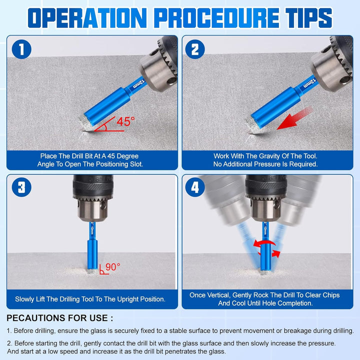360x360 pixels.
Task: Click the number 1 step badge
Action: pyautogui.click(x=21, y=49)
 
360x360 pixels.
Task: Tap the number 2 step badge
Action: pyautogui.click(x=195, y=49)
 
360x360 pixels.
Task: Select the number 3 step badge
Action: pyautogui.click(x=21, y=187)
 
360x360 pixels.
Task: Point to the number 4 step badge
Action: pyautogui.click(x=195, y=187)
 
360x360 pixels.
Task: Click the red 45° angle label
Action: pyautogui.click(x=125, y=121)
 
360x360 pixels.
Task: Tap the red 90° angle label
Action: pyautogui.click(x=112, y=267)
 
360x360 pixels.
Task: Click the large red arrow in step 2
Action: pyautogui.click(x=294, y=118)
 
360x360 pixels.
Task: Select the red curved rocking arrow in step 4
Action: pyautogui.click(x=266, y=248)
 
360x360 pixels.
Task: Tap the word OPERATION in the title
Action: pyautogui.click(x=87, y=18)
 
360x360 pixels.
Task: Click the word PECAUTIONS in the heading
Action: pyautogui.click(x=38, y=318)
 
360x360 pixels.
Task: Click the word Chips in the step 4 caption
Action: pyautogui.click(x=331, y=295)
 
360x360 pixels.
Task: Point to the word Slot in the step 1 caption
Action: pyautogui.click(x=137, y=164)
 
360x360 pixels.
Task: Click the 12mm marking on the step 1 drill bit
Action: pyautogui.click(x=139, y=83)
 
